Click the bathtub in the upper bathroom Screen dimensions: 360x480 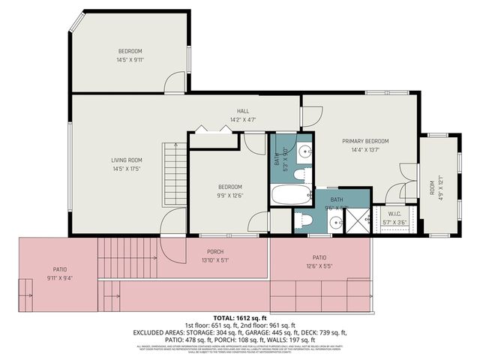[289, 196]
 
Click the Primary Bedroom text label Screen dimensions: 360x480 [365, 141]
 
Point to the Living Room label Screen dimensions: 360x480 [127, 160]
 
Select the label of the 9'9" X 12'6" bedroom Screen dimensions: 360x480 [229, 187]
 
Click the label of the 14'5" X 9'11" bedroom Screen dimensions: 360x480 [129, 51]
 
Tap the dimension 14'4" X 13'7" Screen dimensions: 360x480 [365, 149]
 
